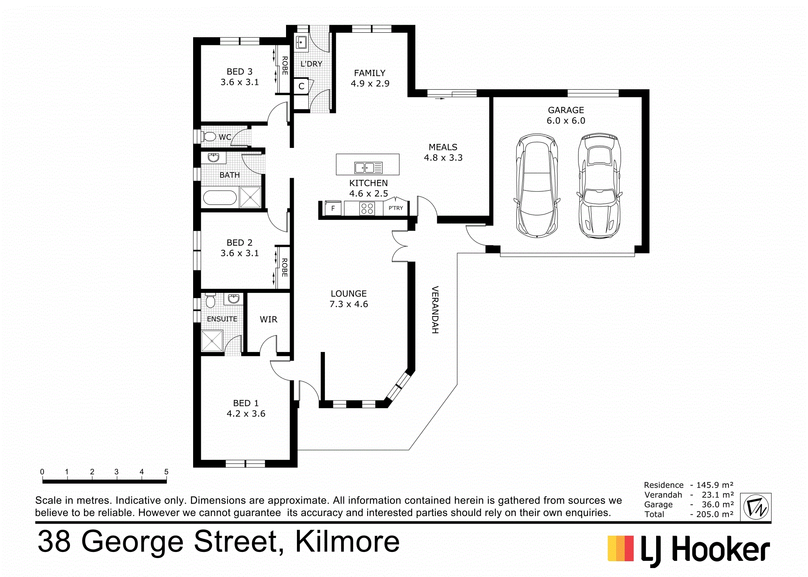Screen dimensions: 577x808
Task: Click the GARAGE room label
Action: point(566,110)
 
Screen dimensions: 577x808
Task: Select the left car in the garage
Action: point(537,186)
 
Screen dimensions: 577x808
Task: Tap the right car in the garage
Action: point(599,186)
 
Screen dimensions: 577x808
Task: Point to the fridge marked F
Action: point(333,208)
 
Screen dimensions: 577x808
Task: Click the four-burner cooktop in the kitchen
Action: point(367,208)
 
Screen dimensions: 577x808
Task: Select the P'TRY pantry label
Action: point(396,208)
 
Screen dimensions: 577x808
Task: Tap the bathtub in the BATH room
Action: point(219,198)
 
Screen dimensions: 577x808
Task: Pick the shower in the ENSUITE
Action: point(212,341)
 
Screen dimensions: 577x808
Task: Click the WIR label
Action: point(268,320)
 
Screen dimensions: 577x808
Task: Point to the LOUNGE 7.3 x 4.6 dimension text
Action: point(349,304)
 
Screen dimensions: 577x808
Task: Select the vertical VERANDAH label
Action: point(435,310)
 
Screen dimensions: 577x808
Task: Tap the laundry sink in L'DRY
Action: point(301,42)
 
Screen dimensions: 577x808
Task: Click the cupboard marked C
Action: point(301,86)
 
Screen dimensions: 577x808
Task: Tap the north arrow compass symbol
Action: point(755,507)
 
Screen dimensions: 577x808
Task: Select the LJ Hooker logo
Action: point(688,550)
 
